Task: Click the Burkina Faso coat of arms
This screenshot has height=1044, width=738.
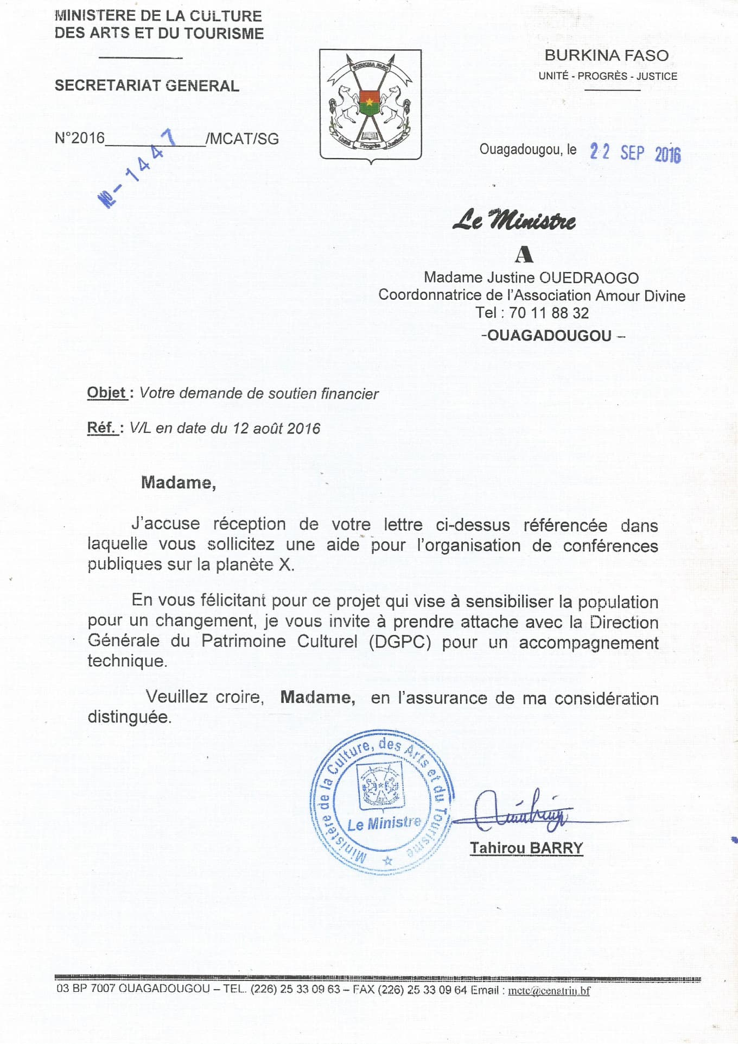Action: pos(371,105)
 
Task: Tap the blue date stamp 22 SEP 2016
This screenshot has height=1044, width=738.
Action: pos(635,153)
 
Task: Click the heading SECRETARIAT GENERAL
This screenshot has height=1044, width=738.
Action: pos(147,86)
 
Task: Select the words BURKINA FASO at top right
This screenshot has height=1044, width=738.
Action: pos(606,55)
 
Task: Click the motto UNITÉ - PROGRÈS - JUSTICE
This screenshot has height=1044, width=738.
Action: pos(608,77)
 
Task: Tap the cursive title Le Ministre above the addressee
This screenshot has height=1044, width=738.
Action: pos(514,220)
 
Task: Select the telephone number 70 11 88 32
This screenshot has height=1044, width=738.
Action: pos(549,313)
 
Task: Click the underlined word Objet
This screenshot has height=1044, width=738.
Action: pos(106,393)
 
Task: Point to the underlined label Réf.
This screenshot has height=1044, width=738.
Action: pos(101,428)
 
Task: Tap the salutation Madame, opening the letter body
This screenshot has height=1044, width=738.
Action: pos(178,482)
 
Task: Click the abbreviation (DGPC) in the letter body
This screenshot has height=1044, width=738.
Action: pos(400,642)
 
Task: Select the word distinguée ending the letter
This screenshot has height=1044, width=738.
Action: pos(129,717)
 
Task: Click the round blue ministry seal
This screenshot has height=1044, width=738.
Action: pos(382,801)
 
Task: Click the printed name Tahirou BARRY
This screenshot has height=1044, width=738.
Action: pos(526,848)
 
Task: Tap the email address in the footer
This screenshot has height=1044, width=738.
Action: pos(549,990)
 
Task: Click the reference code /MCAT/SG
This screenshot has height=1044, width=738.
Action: pos(242,139)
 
